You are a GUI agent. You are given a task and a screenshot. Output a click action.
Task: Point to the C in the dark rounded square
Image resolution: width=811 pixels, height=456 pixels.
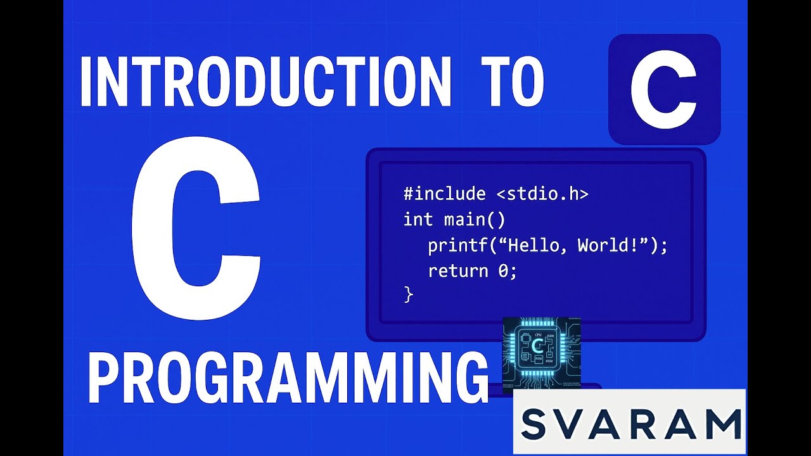[663, 89]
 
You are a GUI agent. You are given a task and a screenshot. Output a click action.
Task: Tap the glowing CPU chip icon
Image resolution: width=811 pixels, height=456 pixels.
[540, 353]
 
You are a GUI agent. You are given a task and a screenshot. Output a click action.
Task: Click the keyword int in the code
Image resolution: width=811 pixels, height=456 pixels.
[418, 220]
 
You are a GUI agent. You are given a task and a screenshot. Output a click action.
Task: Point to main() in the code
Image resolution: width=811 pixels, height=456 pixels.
[475, 220]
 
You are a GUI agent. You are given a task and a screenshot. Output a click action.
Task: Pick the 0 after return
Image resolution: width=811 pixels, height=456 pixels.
[502, 271]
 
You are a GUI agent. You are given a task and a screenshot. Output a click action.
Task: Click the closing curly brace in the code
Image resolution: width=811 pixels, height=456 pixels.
[409, 294]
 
